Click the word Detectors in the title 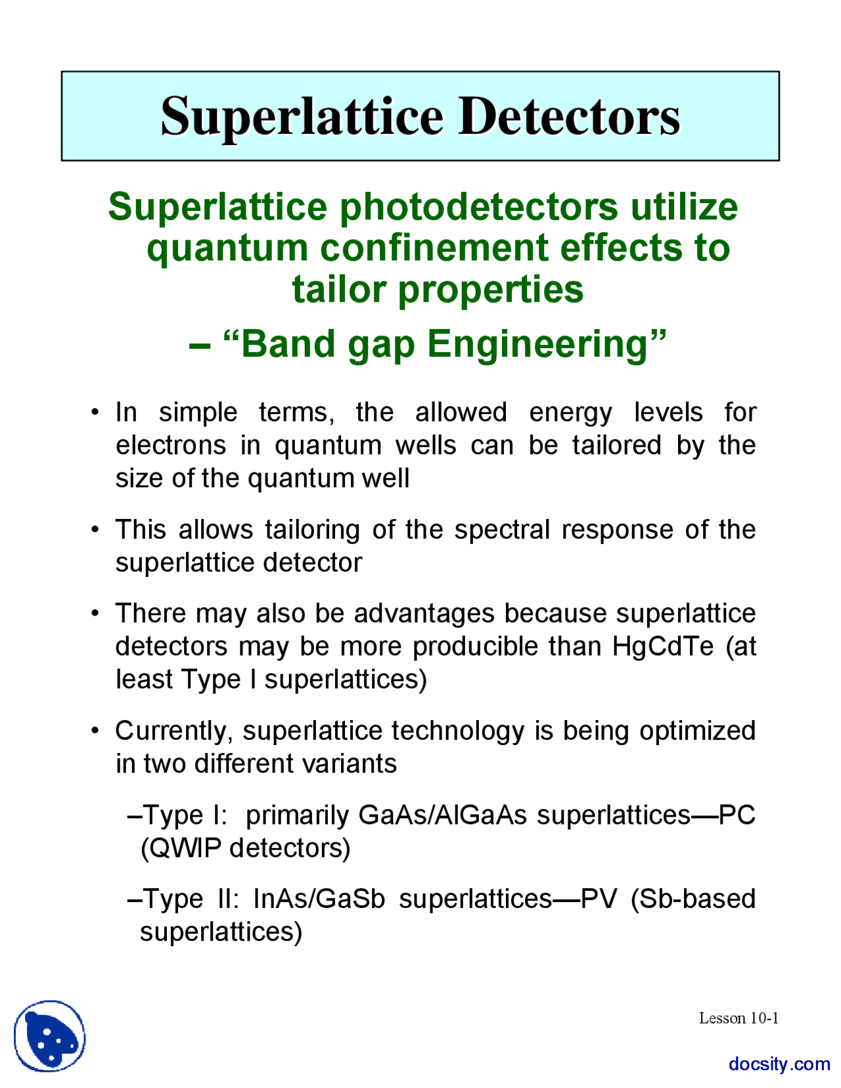tap(569, 117)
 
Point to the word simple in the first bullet tap(198, 413)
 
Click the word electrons tap(171, 445)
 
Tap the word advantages tap(424, 613)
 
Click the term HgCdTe tap(663, 646)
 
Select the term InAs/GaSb tap(319, 898)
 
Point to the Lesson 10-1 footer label tap(739, 1018)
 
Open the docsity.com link tap(779, 1064)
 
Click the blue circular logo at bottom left tap(50, 1036)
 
